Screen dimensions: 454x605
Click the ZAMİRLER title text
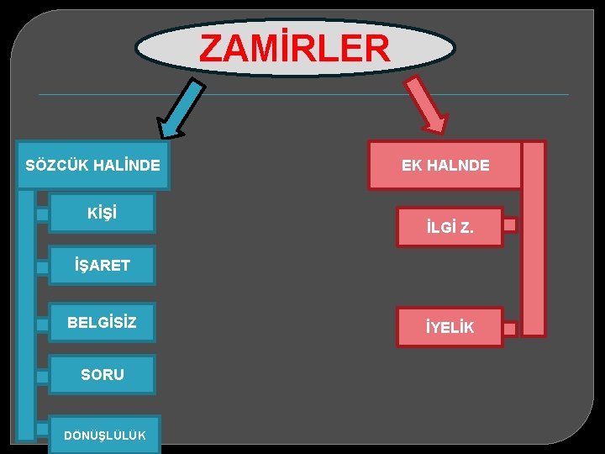coord(295,48)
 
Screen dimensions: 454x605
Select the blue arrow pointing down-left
coord(182,107)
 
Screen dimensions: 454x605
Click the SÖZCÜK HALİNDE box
coord(92,165)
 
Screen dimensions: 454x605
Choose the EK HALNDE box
coord(445,165)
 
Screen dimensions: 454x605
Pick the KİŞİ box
coord(102,213)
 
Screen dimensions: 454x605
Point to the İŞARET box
coord(102,266)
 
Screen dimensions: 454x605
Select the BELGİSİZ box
coord(102,322)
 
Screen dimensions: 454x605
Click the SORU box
coord(102,375)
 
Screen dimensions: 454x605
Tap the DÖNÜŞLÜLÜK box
coord(104,434)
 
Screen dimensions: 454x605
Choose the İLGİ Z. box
coord(450,226)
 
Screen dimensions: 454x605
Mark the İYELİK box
coord(450,327)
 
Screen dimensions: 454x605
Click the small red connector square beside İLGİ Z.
coord(509,225)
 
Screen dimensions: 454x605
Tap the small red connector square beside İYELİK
coord(509,328)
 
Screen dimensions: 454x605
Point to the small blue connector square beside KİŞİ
coord(42,214)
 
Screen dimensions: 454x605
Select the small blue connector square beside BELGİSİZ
coord(42,324)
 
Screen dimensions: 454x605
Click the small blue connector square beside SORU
coord(42,377)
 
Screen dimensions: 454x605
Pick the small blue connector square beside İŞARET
coord(42,268)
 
